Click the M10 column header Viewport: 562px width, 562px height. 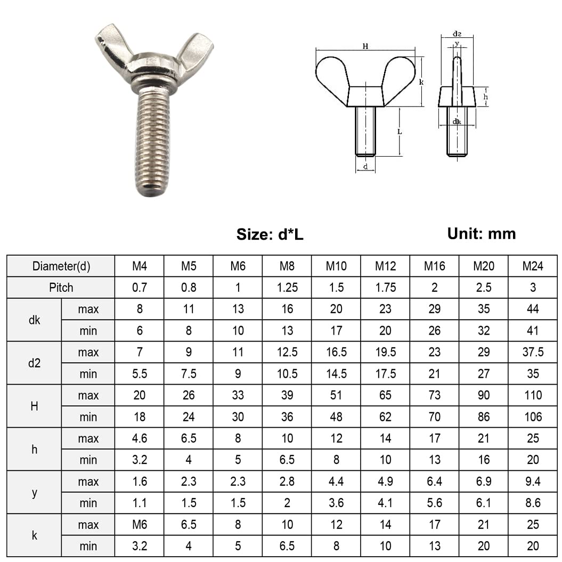click(x=336, y=266)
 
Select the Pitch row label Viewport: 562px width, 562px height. click(x=61, y=288)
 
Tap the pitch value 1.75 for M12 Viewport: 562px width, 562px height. click(x=385, y=288)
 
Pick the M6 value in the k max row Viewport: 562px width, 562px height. click(x=140, y=525)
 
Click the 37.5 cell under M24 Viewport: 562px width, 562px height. click(x=533, y=352)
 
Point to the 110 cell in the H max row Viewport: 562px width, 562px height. click(x=533, y=395)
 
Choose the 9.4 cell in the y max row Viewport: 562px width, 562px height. click(x=533, y=482)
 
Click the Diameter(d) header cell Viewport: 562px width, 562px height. click(x=61, y=266)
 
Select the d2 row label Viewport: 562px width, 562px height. click(x=34, y=363)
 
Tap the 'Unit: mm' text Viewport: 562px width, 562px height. click(x=482, y=234)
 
